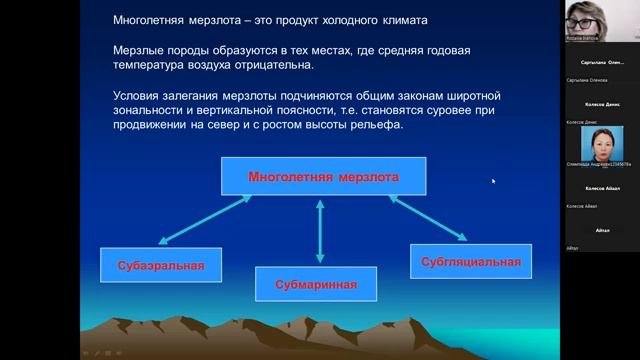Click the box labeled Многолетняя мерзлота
(x=323, y=177)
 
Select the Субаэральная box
(x=153, y=265)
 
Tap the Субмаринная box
(x=316, y=285)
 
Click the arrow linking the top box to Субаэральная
(x=206, y=220)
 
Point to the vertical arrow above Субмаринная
(x=320, y=231)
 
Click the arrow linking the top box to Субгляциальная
(x=430, y=218)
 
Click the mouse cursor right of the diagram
(x=493, y=181)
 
